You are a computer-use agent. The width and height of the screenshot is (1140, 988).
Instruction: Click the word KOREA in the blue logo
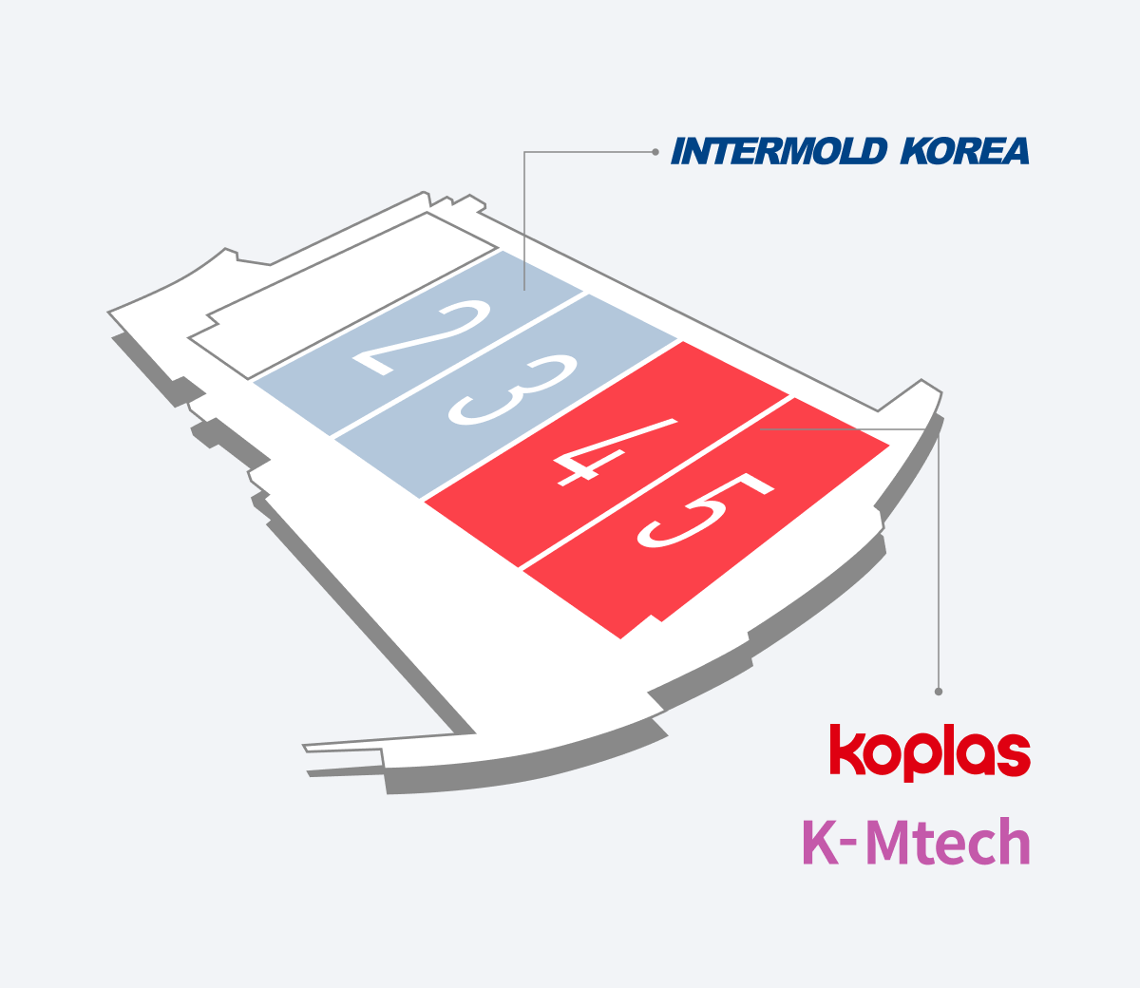pyautogui.click(x=964, y=152)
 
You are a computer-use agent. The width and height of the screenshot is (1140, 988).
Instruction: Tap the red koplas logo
pyautogui.click(x=929, y=752)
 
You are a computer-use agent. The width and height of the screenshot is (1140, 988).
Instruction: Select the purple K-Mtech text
pyautogui.click(x=916, y=842)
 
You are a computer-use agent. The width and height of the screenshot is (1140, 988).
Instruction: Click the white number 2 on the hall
pyautogui.click(x=423, y=338)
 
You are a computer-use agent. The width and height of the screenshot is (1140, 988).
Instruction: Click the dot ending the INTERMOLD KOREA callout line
pyautogui.click(x=655, y=152)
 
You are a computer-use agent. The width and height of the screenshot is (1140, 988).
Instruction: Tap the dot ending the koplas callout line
pyautogui.click(x=939, y=692)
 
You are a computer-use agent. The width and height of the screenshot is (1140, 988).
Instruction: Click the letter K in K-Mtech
pyautogui.click(x=820, y=842)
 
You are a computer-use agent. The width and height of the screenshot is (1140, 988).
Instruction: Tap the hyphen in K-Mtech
pyautogui.click(x=849, y=844)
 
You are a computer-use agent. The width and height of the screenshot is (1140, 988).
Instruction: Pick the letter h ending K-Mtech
pyautogui.click(x=1015, y=842)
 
